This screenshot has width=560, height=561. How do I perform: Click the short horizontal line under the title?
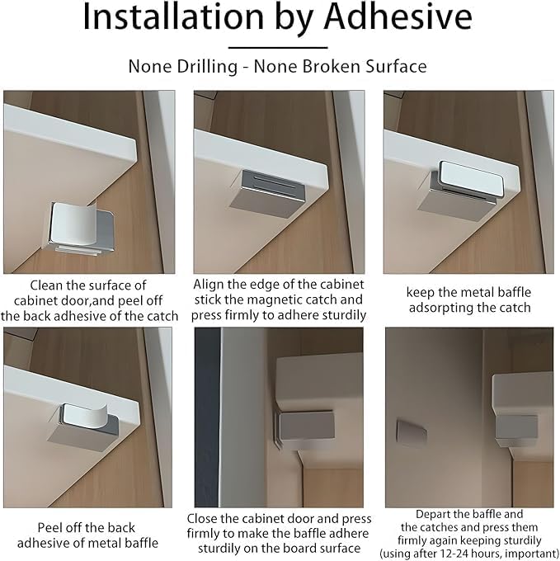click(278, 47)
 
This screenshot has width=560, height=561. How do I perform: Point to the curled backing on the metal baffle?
click(84, 415)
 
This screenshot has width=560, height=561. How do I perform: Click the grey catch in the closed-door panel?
click(307, 426)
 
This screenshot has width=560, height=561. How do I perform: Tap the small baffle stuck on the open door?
click(412, 433)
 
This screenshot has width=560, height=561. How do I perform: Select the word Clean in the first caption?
click(46, 285)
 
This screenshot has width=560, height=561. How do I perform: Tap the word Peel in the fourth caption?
click(49, 528)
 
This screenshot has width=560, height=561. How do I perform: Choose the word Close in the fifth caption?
click(202, 519)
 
